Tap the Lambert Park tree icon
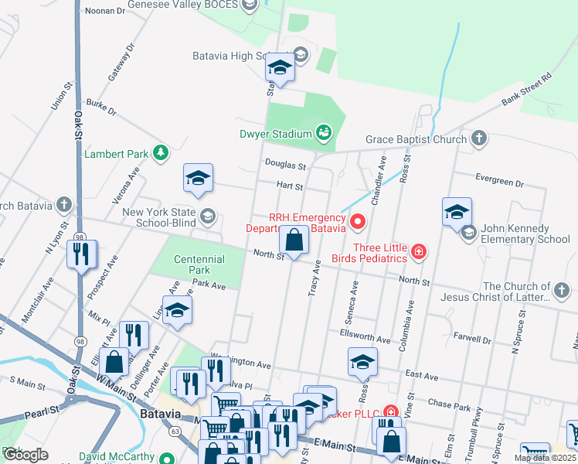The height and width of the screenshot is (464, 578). [x=161, y=154]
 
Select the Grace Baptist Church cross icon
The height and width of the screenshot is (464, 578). [x=479, y=139]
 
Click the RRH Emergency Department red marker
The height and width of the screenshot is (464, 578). [x=357, y=223]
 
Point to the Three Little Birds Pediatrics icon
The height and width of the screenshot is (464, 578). [x=418, y=251]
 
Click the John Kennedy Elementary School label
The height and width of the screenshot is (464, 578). [x=525, y=234]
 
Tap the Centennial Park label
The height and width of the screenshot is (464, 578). [x=192, y=264]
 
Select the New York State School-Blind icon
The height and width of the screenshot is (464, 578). [x=207, y=217]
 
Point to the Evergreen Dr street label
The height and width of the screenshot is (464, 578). [x=499, y=182]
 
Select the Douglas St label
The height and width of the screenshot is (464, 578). [x=286, y=165]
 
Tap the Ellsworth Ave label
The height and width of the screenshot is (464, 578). [x=365, y=338]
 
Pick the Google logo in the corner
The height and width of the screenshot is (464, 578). [x=25, y=455]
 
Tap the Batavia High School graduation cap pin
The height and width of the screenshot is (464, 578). [x=279, y=69]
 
